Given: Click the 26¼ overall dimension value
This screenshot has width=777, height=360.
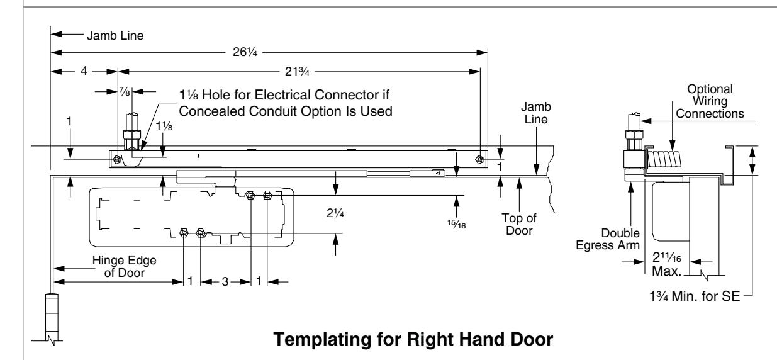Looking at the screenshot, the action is click(245, 52).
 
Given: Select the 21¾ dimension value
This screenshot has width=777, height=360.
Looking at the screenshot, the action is click(297, 72).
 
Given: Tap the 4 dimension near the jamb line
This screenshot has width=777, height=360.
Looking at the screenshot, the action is click(84, 71).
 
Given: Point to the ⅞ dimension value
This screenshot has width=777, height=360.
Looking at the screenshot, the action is click(125, 92).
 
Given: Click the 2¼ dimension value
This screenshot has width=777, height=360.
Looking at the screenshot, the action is click(335, 213).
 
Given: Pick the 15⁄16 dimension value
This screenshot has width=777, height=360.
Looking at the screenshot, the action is click(457, 224).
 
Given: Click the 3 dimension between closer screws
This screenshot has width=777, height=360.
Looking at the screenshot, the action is click(225, 281).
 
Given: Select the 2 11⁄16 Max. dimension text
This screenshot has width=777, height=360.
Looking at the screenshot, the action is click(667, 264).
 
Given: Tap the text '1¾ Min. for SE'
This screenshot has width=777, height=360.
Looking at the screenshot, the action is click(695, 296).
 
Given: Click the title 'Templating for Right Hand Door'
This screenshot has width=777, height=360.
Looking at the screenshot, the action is click(413, 339).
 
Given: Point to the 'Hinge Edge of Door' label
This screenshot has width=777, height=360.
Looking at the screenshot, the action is click(124, 266).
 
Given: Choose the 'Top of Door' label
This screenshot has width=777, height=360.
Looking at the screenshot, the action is click(519, 224).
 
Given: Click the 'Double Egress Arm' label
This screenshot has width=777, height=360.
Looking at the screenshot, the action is click(608, 239).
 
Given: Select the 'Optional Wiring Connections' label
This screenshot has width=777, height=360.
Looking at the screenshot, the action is click(710, 101).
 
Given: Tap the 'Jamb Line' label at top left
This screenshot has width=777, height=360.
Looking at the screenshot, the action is click(115, 35).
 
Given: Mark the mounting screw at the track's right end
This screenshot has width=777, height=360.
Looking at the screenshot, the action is click(479, 159).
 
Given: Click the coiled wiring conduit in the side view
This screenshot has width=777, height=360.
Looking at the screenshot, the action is click(664, 159).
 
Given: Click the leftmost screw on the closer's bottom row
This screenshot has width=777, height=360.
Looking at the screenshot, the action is click(184, 233).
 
